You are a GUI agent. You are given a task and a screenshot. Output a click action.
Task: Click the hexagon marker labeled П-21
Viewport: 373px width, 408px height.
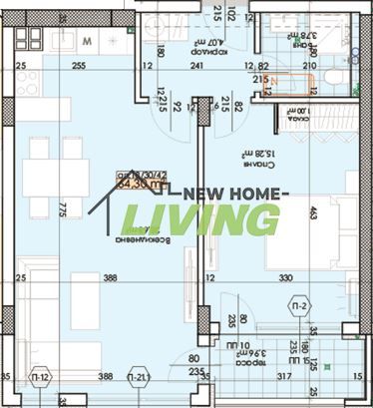click(x=140, y=379)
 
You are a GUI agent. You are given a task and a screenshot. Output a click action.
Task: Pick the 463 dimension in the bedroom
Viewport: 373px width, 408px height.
click(x=312, y=212)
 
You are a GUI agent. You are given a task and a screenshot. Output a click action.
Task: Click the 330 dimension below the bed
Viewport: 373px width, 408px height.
click(x=285, y=278)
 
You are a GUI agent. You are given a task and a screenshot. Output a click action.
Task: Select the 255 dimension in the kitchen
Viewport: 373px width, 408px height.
click(x=78, y=67)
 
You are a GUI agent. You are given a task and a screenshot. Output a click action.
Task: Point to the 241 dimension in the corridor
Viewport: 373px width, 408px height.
click(x=197, y=67)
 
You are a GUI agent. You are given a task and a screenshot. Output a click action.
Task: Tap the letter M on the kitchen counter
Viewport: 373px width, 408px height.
click(x=87, y=41)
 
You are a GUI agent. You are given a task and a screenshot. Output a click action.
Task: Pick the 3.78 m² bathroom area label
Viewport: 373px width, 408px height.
click(x=300, y=39)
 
